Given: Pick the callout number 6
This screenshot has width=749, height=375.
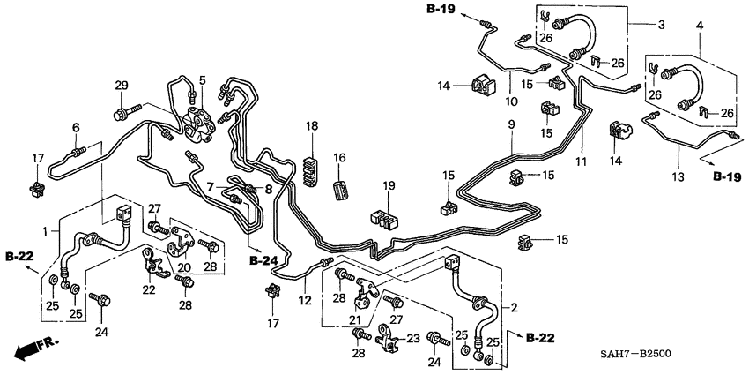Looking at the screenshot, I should pyautogui.click(x=76, y=128).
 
